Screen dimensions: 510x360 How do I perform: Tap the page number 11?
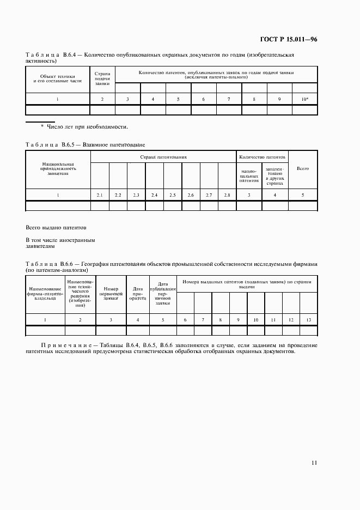tap(314, 463)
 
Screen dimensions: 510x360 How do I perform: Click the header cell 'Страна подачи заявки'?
tap(102, 79)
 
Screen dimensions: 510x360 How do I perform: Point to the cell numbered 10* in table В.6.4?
tap(304, 99)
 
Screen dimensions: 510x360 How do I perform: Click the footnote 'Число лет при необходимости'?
tap(84, 127)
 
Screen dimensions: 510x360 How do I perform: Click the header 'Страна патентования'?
tap(163, 157)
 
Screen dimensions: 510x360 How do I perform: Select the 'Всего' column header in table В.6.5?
tap(302, 169)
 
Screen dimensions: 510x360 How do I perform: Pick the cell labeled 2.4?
tap(154, 195)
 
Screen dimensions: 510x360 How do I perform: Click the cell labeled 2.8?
tap(227, 195)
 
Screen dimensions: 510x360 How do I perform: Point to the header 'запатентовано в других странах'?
tap(275, 176)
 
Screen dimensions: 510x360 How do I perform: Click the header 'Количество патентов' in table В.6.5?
tap(261, 157)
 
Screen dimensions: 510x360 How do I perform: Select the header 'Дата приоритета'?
tap(138, 295)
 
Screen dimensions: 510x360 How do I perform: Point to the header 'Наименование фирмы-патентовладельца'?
tap(45, 295)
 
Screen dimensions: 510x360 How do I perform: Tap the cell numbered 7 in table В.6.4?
tap(229, 99)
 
